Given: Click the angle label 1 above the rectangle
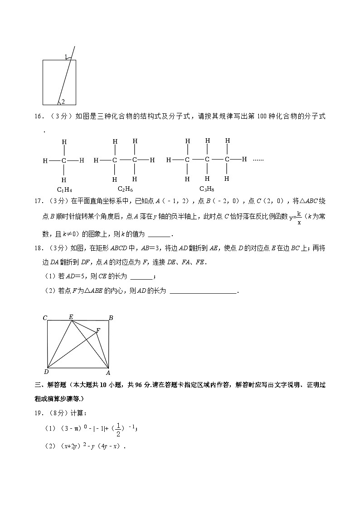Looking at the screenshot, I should [66, 57].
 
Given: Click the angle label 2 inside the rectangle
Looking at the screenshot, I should [63, 102].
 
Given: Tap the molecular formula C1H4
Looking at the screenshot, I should [64, 189].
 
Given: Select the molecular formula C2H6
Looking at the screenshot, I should [125, 189].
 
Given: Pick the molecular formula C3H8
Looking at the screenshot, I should [207, 189].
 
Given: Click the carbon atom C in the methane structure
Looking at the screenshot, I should [64, 160].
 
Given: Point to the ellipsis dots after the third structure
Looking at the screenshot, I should [258, 160].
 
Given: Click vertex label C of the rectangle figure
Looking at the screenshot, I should [45, 318].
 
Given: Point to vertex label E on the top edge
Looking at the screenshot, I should [71, 316].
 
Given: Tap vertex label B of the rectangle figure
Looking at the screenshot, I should [111, 318].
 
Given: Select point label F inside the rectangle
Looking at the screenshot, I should [98, 331].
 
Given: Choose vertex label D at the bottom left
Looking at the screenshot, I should [46, 372].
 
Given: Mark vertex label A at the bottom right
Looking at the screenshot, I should [108, 373].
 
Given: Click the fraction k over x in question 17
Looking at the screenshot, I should [299, 218].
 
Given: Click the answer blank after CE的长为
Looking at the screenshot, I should [142, 277].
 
